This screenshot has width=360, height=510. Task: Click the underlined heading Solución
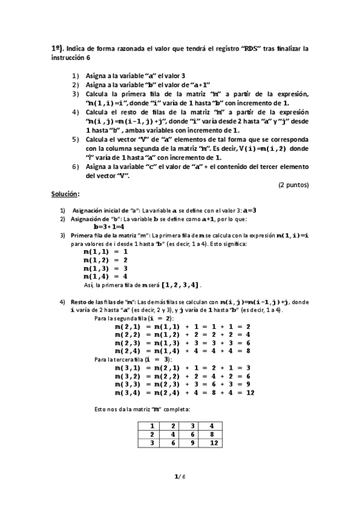coord(65,196)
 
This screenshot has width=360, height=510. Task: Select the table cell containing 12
coord(212,443)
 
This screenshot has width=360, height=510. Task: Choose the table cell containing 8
coord(212,434)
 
